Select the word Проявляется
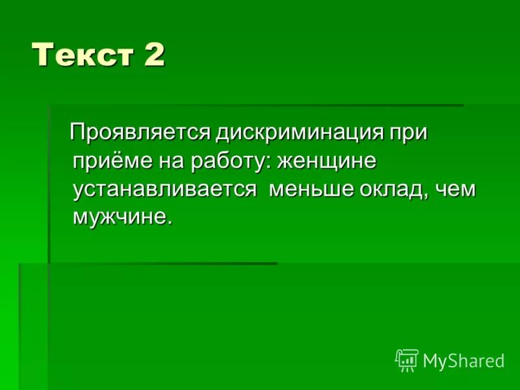point(140,133)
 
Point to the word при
point(409,133)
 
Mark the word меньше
point(312,189)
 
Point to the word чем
point(456,189)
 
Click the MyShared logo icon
point(406,360)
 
